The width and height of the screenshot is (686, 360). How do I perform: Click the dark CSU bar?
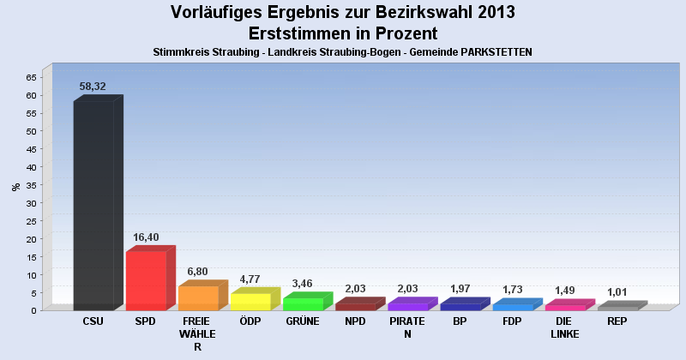pos(93,206)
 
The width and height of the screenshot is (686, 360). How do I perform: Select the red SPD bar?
pos(146,280)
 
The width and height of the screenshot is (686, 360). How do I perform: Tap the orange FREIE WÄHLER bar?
pos(198,297)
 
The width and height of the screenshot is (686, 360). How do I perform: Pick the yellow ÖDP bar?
pos(250,301)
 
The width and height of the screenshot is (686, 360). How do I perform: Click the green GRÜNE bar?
pos(303,303)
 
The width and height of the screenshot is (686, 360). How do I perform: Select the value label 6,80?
pos(198,272)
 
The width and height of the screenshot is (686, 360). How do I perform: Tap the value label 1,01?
pos(617,292)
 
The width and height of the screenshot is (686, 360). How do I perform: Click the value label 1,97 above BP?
pos(460,289)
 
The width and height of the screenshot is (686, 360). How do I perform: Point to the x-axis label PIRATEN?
pos(407,327)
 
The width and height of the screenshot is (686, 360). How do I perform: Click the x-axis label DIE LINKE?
pos(564,327)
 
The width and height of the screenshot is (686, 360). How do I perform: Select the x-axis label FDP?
pos(512,321)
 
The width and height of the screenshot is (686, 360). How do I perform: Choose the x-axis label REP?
pos(617,321)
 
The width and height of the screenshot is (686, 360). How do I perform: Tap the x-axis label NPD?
pos(355,321)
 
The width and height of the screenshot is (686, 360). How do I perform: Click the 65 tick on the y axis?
pos(31,77)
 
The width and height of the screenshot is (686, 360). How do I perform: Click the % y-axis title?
pos(15,187)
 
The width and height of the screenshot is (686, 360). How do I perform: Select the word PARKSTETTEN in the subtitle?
pos(485,52)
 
